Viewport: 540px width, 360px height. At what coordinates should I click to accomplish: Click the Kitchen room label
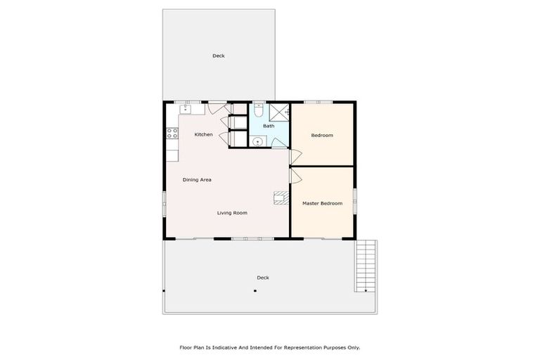[204, 134]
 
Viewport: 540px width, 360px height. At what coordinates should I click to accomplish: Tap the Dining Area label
[197, 180]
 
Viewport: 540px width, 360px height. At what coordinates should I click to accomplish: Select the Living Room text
[232, 213]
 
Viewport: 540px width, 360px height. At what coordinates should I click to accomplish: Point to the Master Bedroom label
[322, 203]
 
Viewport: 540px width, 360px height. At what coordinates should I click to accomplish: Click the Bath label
[269, 126]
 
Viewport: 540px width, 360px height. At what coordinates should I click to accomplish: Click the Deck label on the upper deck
[219, 56]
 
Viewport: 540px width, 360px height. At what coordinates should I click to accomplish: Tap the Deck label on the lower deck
[263, 278]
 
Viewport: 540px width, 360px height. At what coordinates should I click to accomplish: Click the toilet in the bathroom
[258, 111]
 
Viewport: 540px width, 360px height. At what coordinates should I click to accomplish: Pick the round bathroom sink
[258, 141]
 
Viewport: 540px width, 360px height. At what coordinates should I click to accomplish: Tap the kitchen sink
[186, 109]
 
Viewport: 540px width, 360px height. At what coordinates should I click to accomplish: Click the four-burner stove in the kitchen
[170, 134]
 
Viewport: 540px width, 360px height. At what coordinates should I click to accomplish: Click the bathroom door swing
[279, 143]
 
